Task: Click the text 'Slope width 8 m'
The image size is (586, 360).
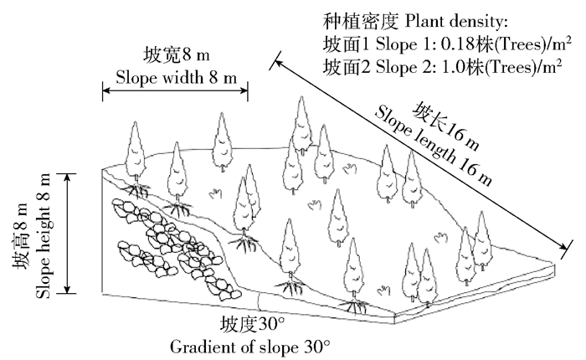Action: point(175,78)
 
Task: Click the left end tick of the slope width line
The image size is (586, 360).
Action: point(104,91)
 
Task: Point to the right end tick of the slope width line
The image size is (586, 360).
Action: point(248,91)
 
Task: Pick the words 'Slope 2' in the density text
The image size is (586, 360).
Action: point(383,65)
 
